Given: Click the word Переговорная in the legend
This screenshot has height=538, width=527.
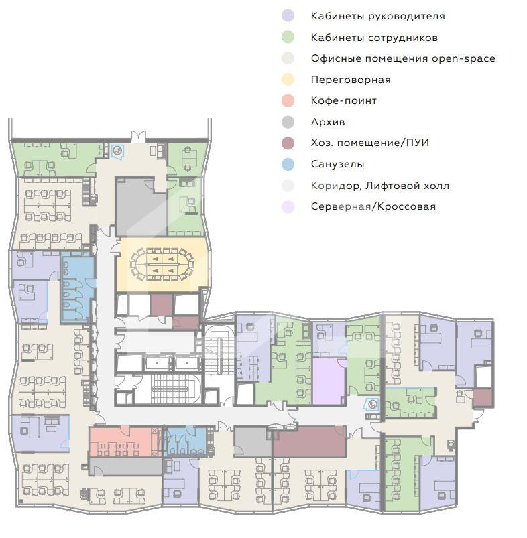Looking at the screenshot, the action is point(351,80).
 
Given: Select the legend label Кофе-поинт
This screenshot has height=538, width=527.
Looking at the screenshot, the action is point(344,100).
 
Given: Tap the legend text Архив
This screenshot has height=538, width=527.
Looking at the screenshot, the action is point(328,122).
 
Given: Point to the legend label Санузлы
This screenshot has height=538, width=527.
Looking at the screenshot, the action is point(337,164).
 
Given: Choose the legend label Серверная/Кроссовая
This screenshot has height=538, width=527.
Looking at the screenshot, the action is point(373,206).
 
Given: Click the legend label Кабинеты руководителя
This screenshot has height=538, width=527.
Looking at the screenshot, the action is point(377,16).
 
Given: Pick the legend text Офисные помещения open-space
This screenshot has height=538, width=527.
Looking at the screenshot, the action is point(403,58).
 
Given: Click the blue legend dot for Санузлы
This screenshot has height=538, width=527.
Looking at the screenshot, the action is point(288,164).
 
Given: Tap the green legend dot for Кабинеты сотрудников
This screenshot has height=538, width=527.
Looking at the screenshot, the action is point(288,37).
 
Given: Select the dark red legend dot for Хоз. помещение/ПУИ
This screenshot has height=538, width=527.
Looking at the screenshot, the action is point(288,143).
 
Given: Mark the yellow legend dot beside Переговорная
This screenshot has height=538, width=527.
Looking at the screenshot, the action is point(288,80).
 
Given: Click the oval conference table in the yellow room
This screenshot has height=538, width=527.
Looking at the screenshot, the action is point(162,265).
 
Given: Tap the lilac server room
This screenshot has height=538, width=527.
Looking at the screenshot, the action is point(329,381).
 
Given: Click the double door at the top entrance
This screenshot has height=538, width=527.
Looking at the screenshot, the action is point(138,136).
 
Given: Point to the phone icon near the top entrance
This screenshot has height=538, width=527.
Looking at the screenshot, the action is point(117,151).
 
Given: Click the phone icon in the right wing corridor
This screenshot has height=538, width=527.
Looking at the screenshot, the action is point(372,404).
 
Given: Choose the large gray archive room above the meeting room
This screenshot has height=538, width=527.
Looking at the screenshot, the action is point(141,206).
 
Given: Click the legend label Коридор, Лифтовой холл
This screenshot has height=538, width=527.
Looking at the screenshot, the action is point(379,186).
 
